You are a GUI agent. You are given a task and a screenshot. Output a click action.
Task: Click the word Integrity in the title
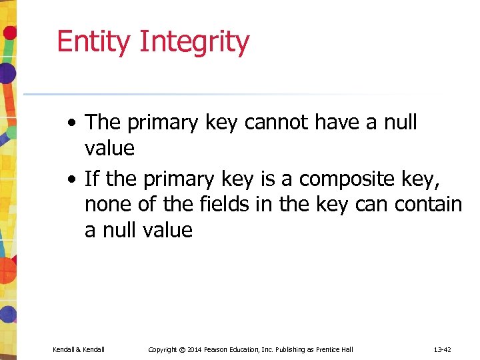pyautogui.click(x=195, y=42)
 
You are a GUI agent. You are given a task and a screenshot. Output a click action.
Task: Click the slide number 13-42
pyautogui.click(x=442, y=349)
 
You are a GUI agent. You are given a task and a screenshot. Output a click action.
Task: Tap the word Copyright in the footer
pyautogui.click(x=162, y=349)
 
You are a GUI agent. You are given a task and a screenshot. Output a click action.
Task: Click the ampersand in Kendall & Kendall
pyautogui.click(x=79, y=349)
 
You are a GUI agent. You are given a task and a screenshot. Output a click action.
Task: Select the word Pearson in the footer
pyautogui.click(x=225, y=349)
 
